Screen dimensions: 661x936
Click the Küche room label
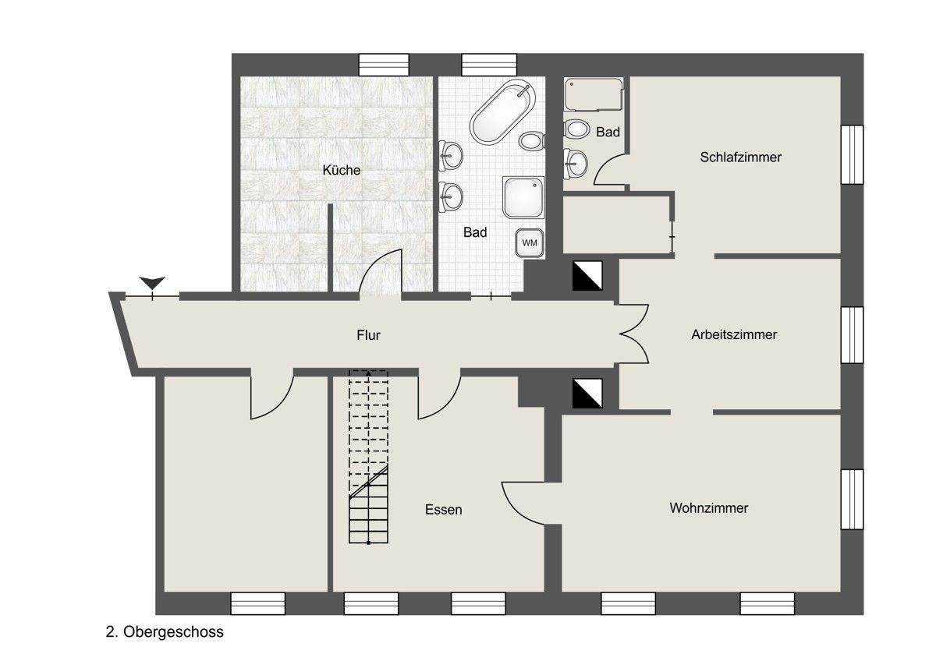pos(342,169)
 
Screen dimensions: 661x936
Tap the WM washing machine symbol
pos(530,242)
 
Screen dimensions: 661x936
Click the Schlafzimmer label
pos(740,157)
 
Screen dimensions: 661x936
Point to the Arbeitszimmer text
pos(733,334)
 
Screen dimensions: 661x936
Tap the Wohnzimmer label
pos(708,508)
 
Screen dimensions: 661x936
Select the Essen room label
pos(443,510)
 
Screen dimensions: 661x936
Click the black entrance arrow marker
pos(153,282)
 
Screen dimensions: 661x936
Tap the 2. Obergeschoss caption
pos(165,632)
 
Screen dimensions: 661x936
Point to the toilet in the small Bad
pos(577,129)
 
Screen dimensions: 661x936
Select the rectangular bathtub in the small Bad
pos(594,94)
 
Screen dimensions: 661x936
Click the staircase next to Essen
pos(368,456)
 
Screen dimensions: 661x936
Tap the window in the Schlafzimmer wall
pos(852,154)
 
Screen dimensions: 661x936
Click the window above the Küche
pos(384,65)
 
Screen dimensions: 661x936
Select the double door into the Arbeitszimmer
pos(635,334)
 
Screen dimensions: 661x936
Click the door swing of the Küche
pos(381,273)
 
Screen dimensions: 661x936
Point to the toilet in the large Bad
pos(533,140)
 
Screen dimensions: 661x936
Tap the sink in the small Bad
pos(576,161)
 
